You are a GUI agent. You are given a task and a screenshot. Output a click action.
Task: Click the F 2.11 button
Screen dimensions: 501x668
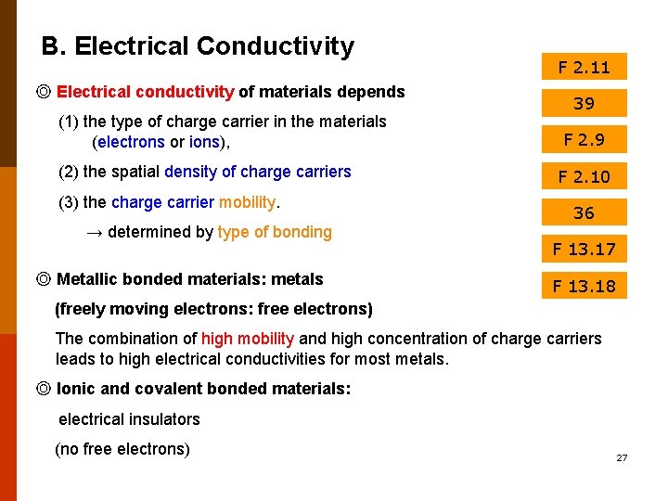(584, 67)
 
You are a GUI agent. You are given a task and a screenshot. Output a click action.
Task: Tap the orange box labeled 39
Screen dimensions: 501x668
(584, 103)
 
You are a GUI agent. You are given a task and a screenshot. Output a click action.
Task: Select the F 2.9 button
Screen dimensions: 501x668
(584, 140)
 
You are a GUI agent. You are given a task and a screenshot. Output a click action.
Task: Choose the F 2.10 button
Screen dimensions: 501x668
(584, 176)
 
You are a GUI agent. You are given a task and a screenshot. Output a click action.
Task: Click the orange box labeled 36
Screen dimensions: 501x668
(584, 212)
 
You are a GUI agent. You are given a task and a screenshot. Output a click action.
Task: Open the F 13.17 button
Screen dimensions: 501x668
(584, 249)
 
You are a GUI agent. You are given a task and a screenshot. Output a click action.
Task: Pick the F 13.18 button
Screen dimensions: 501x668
(584, 286)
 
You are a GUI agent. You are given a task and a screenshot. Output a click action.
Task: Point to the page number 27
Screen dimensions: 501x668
(622, 458)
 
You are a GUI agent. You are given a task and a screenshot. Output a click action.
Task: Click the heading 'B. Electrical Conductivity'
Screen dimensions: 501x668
(198, 46)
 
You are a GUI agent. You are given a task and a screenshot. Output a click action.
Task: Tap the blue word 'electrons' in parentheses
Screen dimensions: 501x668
(130, 143)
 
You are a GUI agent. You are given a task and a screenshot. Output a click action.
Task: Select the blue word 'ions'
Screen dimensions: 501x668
(204, 143)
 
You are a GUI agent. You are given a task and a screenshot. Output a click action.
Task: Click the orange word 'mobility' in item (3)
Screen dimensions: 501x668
(248, 202)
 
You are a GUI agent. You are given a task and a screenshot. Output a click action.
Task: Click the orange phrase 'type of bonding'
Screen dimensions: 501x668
(275, 232)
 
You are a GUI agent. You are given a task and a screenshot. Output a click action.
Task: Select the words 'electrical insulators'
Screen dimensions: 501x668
(129, 419)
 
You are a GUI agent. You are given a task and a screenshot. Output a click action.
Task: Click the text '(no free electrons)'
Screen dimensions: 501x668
(122, 450)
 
